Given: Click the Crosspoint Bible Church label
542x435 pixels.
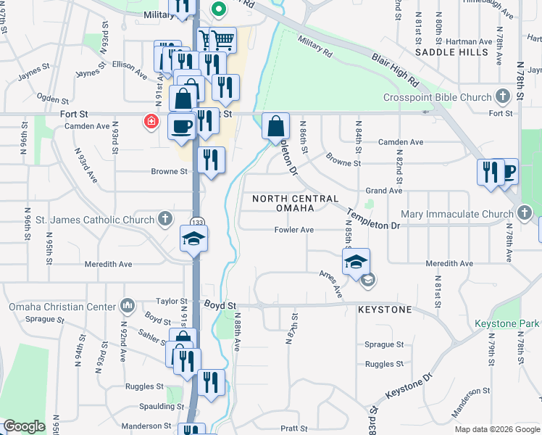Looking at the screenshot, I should tap(447, 97).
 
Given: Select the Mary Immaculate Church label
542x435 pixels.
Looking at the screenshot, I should tap(457, 214).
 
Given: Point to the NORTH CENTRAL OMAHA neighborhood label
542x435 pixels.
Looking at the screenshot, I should tap(295, 203).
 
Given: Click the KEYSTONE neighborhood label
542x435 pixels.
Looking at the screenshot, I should tap(385, 310).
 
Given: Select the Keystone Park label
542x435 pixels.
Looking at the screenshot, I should tap(507, 323).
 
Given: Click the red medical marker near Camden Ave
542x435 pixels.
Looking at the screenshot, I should tap(151, 121).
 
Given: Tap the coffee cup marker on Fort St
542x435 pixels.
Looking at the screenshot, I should tap(182, 125).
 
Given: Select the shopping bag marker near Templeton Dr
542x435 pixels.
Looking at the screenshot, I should tap(275, 125).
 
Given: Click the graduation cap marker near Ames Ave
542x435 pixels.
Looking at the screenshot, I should tap(357, 261).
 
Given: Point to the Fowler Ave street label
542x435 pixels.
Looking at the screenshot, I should tap(293, 230).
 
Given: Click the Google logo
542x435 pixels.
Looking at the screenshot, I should tap(24, 426).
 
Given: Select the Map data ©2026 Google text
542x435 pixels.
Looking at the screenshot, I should tap(496, 429).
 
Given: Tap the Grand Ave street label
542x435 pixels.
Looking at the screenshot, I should tap(383, 191).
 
